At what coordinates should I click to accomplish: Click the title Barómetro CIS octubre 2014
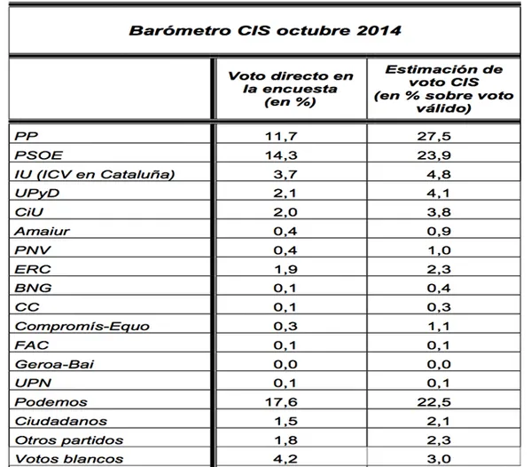(x=265, y=30)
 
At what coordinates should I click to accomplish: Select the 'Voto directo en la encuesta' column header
(x=291, y=89)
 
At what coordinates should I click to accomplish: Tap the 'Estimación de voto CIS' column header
(x=443, y=89)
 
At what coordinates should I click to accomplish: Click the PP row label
(x=27, y=137)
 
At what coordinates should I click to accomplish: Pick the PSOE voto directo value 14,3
(x=281, y=155)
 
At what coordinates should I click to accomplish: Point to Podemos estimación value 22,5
(x=433, y=402)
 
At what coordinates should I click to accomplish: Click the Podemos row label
(x=51, y=402)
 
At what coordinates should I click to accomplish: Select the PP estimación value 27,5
(x=433, y=137)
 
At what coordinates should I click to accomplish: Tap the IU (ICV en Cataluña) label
(x=95, y=174)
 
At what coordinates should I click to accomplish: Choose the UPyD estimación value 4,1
(x=439, y=194)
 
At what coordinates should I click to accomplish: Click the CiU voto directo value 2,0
(x=285, y=212)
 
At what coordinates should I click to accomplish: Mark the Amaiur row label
(x=42, y=232)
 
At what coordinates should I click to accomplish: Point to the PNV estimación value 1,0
(x=439, y=250)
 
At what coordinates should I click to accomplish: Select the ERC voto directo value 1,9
(x=285, y=269)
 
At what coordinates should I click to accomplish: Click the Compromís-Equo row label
(x=82, y=326)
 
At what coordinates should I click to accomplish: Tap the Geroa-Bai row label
(x=54, y=364)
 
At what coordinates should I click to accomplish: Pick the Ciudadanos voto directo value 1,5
(x=285, y=421)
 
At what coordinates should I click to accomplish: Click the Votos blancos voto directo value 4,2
(x=285, y=459)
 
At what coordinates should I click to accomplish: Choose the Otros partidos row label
(x=69, y=440)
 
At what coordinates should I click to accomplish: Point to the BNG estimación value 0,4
(x=439, y=289)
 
